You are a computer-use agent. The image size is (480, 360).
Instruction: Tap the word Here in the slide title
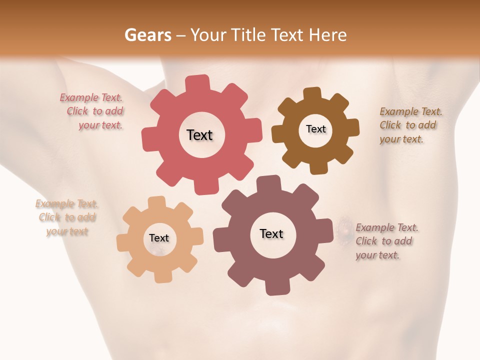coord(328,35)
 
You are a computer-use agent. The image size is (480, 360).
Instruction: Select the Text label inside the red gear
coord(199,135)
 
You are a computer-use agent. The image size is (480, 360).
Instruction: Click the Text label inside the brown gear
coord(315,129)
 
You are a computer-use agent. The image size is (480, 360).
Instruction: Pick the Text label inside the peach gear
coord(159,238)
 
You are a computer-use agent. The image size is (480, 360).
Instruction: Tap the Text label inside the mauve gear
coord(271,234)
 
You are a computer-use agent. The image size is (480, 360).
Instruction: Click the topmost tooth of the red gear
coord(197,83)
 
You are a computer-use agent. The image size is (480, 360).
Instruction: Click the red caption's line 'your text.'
coord(100,125)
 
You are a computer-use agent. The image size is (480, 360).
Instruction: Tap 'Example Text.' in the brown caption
coord(411,111)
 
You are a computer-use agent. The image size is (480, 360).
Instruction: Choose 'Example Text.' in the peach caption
coord(66,203)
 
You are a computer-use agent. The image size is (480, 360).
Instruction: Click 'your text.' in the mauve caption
coord(377,255)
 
